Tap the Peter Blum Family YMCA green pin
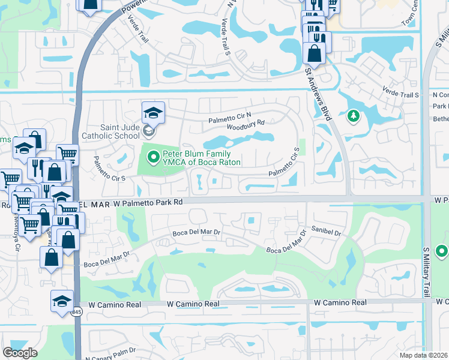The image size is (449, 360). [x=153, y=158]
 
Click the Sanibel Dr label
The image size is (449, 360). [x=326, y=231]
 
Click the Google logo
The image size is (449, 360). [x=20, y=352]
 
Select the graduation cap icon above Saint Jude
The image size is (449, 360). [x=153, y=112]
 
